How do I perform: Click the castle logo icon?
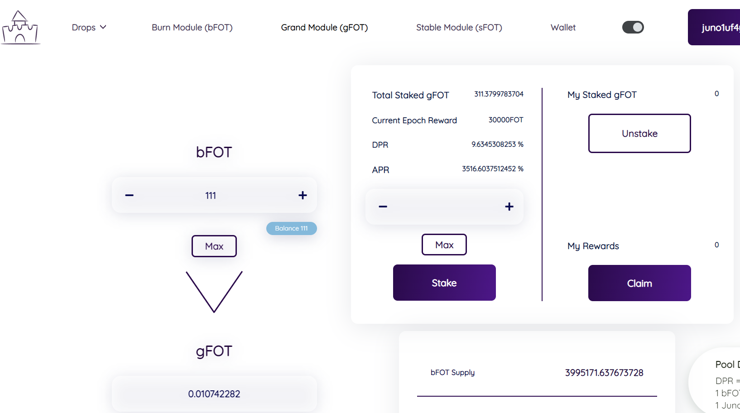[20, 28]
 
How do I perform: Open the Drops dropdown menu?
[89, 28]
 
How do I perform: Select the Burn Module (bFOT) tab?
[192, 28]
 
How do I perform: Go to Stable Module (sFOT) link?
[459, 28]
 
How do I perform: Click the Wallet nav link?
[563, 28]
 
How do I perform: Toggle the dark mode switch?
[633, 28]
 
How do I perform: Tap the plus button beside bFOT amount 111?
[303, 195]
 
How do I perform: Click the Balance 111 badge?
[291, 228]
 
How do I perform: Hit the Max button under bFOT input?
[214, 246]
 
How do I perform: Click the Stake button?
[444, 283]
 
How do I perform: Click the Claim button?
[639, 283]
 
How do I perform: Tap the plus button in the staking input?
[509, 206]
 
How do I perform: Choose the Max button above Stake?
[444, 245]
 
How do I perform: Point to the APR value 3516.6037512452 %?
[492, 169]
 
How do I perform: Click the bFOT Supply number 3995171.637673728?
[604, 373]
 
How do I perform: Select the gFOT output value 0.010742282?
[214, 394]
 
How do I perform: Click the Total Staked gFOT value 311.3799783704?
[499, 94]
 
